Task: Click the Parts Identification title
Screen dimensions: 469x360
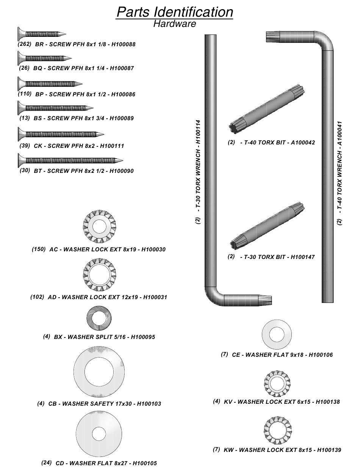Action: [175, 12]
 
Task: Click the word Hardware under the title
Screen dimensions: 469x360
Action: [175, 24]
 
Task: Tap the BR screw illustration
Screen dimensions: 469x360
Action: [42, 34]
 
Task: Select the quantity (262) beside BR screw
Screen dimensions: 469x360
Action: [25, 44]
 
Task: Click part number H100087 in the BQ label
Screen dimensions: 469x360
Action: [122, 68]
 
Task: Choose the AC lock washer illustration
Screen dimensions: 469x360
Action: [99, 226]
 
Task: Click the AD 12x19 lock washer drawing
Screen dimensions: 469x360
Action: [99, 274]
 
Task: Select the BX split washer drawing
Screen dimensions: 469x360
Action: [99, 317]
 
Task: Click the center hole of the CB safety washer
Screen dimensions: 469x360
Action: [99, 371]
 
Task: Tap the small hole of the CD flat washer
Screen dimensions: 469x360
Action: [99, 434]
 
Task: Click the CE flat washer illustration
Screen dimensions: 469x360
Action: [277, 335]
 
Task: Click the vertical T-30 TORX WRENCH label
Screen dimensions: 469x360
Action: [198, 173]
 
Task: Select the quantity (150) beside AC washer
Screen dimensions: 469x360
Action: [39, 249]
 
